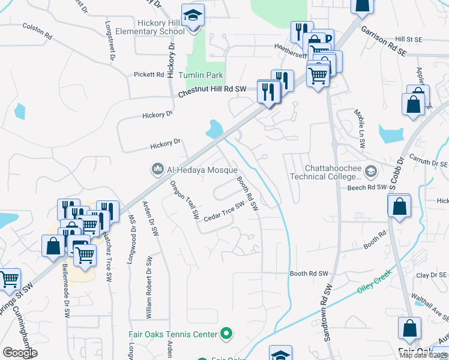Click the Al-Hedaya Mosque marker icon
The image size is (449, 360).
click(x=158, y=169)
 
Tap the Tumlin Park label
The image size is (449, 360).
click(x=201, y=75)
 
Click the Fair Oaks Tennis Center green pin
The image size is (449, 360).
click(x=226, y=332)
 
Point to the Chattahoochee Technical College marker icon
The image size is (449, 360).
click(x=370, y=172)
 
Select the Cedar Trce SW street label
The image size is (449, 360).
click(x=224, y=210)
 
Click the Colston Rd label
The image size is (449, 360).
click(x=37, y=31)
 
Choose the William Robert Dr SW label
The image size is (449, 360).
click(x=148, y=286)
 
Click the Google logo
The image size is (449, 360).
click(x=20, y=353)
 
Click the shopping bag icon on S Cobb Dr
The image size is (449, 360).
click(x=399, y=207)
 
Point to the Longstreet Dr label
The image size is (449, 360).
click(x=110, y=41)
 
